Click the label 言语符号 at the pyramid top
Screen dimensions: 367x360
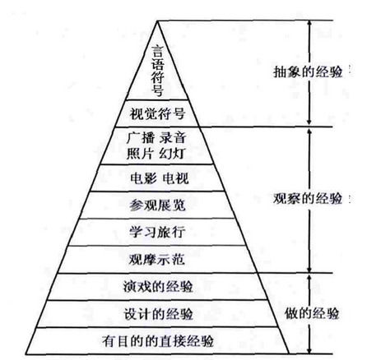pyautogui.click(x=157, y=70)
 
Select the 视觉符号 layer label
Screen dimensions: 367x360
pyautogui.click(x=157, y=113)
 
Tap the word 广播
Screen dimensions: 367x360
pyautogui.click(x=141, y=138)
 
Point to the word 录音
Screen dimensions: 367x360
pyautogui.click(x=173, y=138)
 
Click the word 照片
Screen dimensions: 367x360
pyautogui.click(x=140, y=154)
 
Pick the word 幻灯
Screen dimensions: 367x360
pyautogui.click(x=173, y=154)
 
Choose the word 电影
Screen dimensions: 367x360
pyautogui.click(x=143, y=178)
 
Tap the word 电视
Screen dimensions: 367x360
pyautogui.click(x=175, y=178)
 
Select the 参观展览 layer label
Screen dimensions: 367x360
pyautogui.click(x=157, y=205)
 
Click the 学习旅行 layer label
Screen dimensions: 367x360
pyautogui.click(x=157, y=232)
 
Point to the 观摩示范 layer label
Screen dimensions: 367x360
pyautogui.click(x=157, y=259)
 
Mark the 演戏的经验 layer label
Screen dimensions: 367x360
pyautogui.click(x=158, y=287)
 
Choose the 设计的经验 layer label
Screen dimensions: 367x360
pyautogui.click(x=158, y=314)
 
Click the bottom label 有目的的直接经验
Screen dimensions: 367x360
pyautogui.click(x=158, y=341)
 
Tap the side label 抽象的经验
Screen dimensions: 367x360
pyautogui.click(x=308, y=72)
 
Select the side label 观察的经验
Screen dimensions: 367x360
pyautogui.click(x=308, y=198)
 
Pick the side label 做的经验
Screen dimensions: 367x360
pyautogui.click(x=312, y=313)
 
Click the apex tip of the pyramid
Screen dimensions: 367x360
pyautogui.click(x=157, y=21)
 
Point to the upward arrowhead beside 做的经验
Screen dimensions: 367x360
pyautogui.click(x=309, y=277)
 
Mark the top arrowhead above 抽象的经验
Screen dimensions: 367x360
pyautogui.click(x=309, y=24)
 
